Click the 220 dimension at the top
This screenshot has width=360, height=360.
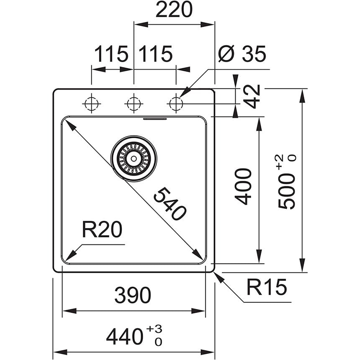pyautogui.click(x=174, y=10)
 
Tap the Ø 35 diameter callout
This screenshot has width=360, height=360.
pyautogui.click(x=242, y=54)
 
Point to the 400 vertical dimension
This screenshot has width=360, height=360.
pyautogui.click(x=244, y=186)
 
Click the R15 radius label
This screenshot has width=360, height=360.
pyautogui.click(x=266, y=288)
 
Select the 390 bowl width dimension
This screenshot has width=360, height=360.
pyautogui.click(x=133, y=296)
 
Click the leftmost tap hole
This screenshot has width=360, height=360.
pyautogui.click(x=91, y=103)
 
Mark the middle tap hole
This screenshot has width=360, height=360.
pyautogui.click(x=133, y=103)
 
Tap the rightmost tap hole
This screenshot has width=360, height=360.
pyautogui.click(x=176, y=103)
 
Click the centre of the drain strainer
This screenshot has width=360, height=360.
pyautogui.click(x=134, y=158)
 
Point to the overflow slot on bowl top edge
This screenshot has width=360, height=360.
pyautogui.click(x=155, y=119)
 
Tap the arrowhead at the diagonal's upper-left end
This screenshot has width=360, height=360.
pyautogui.click(x=67, y=123)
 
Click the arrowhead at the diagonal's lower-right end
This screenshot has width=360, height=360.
pyautogui.click(x=200, y=257)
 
